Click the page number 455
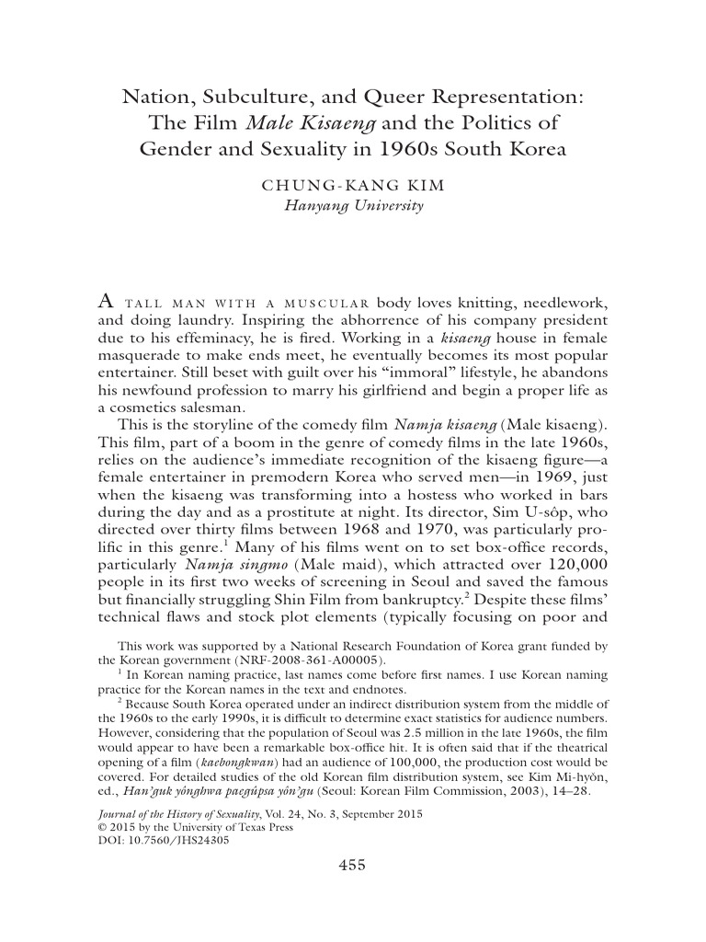(353, 864)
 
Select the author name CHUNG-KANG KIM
(353, 185)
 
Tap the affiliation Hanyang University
(353, 206)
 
